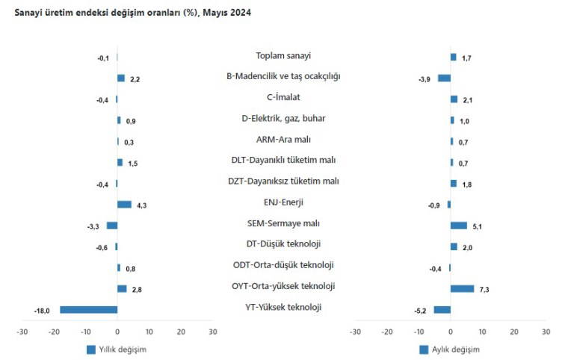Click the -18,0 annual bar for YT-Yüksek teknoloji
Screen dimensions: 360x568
click(x=88, y=310)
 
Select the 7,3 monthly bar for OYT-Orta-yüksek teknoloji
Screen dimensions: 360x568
click(x=462, y=288)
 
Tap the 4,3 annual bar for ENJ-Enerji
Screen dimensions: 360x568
click(x=124, y=205)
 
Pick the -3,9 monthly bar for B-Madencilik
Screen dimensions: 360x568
click(x=444, y=78)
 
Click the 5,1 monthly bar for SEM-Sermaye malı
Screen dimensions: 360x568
click(x=458, y=226)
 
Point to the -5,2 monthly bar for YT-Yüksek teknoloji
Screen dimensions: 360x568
click(x=442, y=310)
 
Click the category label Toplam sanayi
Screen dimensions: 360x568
click(x=283, y=56)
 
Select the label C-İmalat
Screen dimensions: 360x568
click(x=283, y=97)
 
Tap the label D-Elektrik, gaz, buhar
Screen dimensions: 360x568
click(x=283, y=118)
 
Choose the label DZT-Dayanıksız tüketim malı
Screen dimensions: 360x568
click(x=283, y=181)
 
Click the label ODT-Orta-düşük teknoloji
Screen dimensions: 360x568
click(x=283, y=265)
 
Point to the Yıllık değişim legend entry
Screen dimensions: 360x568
click(x=116, y=350)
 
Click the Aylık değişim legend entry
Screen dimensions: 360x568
click(x=449, y=350)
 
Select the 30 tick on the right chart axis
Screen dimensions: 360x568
click(x=546, y=332)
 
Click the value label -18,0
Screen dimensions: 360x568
click(x=43, y=311)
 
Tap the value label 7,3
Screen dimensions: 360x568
click(x=484, y=289)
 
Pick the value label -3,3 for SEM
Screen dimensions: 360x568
click(x=93, y=226)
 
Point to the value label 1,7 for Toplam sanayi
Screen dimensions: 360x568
click(x=466, y=58)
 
